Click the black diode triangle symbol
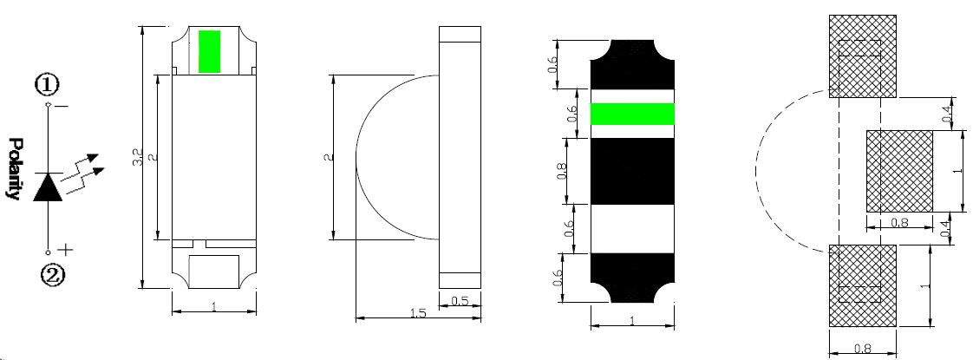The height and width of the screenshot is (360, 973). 48,187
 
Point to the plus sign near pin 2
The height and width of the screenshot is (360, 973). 66,250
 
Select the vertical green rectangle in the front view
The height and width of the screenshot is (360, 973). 210,51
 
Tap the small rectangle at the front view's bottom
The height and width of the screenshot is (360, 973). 214,272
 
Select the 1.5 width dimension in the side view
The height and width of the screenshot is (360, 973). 418,314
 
